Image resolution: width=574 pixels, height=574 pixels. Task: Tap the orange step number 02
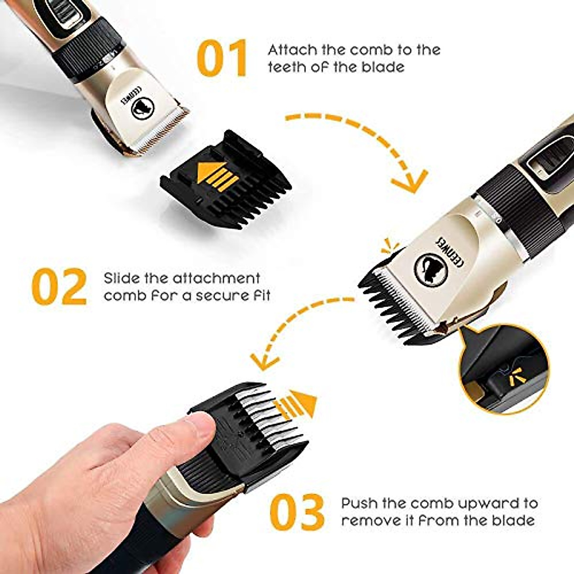(x=59, y=287)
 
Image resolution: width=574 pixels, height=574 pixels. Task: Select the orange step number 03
(x=297, y=512)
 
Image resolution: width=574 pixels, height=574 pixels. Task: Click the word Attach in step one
(x=291, y=50)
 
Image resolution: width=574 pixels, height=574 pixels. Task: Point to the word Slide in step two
(x=121, y=278)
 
